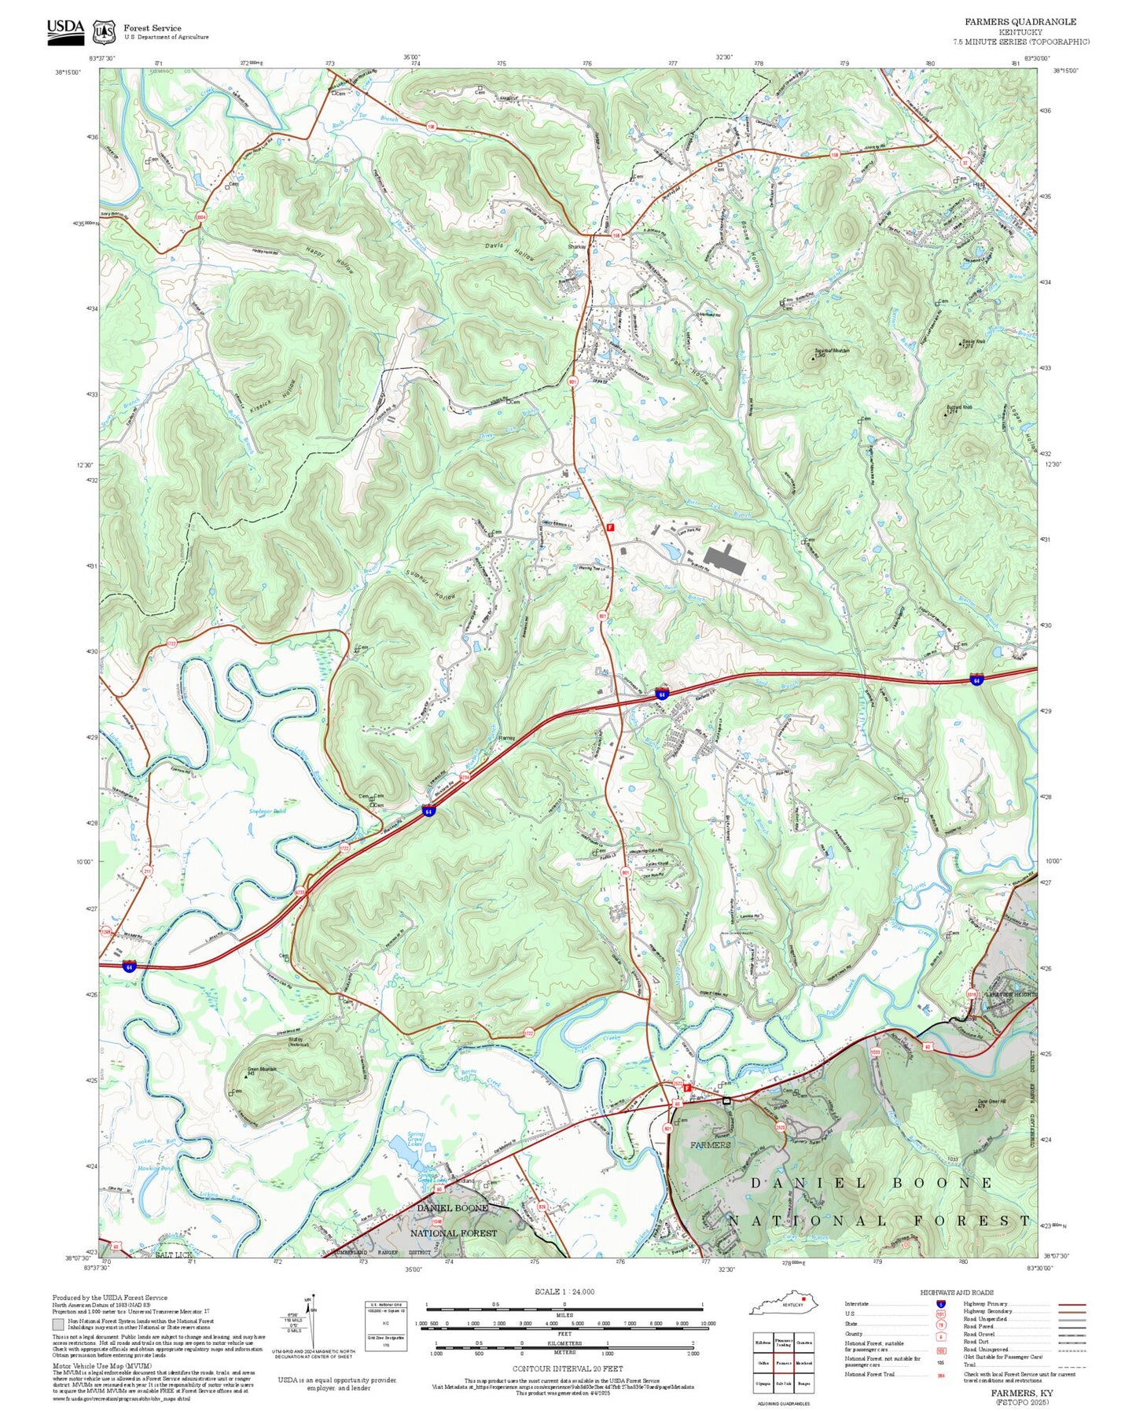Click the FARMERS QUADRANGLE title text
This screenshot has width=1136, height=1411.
pyautogui.click(x=1020, y=22)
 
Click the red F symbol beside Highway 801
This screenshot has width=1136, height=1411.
pyautogui.click(x=609, y=528)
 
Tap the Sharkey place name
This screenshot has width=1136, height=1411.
pyautogui.click(x=577, y=247)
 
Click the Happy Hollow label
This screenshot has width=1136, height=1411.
pyautogui.click(x=330, y=259)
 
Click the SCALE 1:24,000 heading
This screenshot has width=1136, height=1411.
pyautogui.click(x=564, y=1291)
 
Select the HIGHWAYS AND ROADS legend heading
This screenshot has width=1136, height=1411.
pyautogui.click(x=956, y=1292)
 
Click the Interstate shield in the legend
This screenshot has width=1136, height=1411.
pyautogui.click(x=941, y=1304)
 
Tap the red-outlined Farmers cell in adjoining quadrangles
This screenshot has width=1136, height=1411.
pyautogui.click(x=783, y=1363)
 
